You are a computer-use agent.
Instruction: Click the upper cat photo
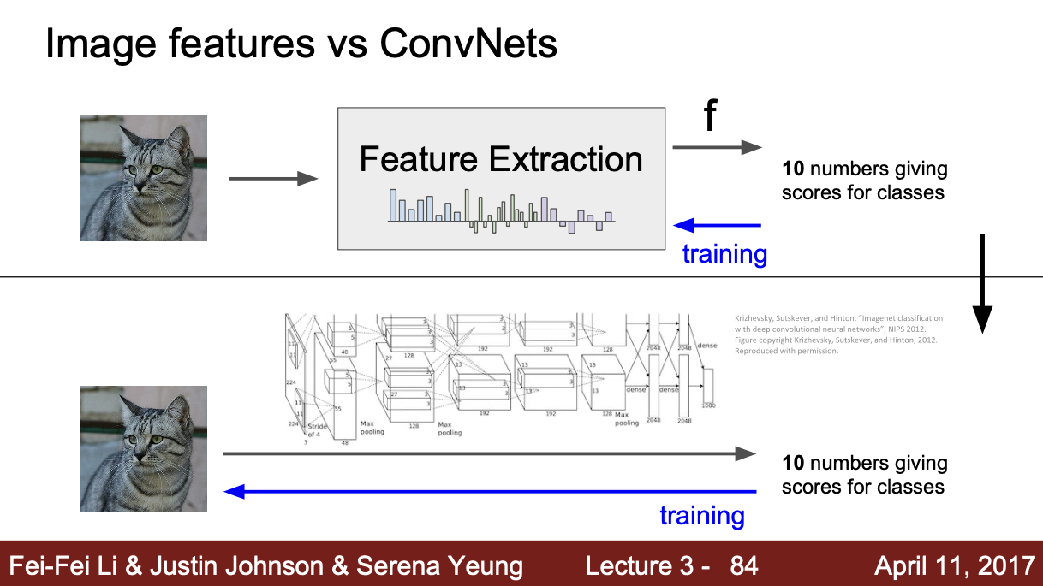click(143, 178)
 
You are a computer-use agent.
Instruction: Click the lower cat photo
click(143, 448)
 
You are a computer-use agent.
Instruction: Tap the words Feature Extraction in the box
click(501, 160)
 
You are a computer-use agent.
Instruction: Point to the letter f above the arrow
click(710, 117)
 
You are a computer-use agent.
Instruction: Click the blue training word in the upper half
click(724, 254)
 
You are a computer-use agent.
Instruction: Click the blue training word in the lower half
click(701, 516)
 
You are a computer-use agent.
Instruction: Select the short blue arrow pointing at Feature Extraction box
click(717, 225)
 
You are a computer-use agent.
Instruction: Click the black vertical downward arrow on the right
click(982, 282)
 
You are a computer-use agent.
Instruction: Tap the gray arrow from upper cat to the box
click(273, 179)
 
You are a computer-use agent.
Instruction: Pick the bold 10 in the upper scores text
click(793, 169)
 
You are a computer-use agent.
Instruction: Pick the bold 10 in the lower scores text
click(793, 464)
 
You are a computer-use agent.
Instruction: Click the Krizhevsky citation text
click(837, 334)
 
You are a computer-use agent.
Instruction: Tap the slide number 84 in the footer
click(743, 565)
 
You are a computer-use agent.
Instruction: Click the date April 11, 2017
click(954, 565)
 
